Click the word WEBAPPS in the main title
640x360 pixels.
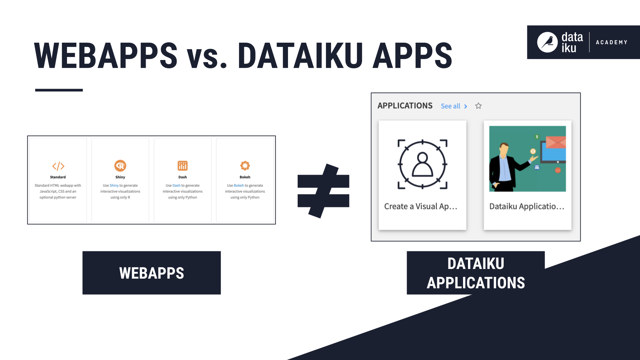tap(106, 56)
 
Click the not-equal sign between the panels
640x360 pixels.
tap(323, 191)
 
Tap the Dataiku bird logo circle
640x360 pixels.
tap(547, 42)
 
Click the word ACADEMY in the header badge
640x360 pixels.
tap(611, 42)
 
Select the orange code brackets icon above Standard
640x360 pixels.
tap(58, 166)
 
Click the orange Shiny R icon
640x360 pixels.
tap(120, 166)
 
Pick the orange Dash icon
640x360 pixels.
tap(182, 166)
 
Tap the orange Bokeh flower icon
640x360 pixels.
tap(245, 166)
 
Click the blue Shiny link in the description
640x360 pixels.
tap(114, 186)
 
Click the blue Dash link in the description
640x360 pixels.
tap(176, 186)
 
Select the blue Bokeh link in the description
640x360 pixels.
tap(239, 186)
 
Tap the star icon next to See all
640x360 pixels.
tap(478, 106)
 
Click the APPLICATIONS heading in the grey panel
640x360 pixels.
tap(405, 106)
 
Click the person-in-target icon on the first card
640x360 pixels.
tap(422, 164)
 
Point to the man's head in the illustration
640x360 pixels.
tap(504, 149)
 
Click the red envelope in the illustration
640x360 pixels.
tap(556, 142)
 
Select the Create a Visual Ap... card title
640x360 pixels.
tap(420, 206)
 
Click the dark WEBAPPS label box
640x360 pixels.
tap(151, 273)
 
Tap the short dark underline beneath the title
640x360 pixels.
tap(59, 90)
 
